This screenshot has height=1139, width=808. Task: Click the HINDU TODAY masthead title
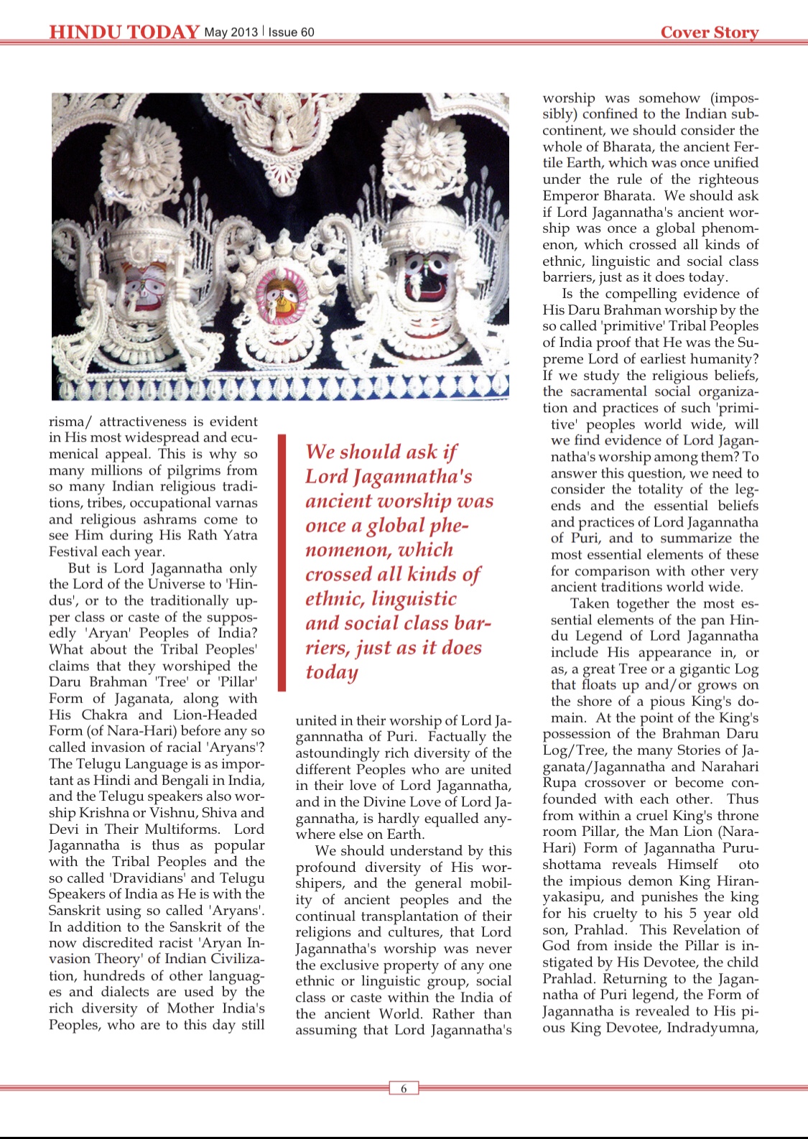pos(124,32)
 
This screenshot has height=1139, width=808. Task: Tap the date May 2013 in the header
pos(231,32)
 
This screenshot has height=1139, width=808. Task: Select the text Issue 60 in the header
pos(291,32)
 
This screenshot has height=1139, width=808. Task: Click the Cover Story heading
pos(709,32)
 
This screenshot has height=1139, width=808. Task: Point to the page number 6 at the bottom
pos(404,1089)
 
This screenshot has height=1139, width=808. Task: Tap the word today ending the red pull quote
pos(331,672)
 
